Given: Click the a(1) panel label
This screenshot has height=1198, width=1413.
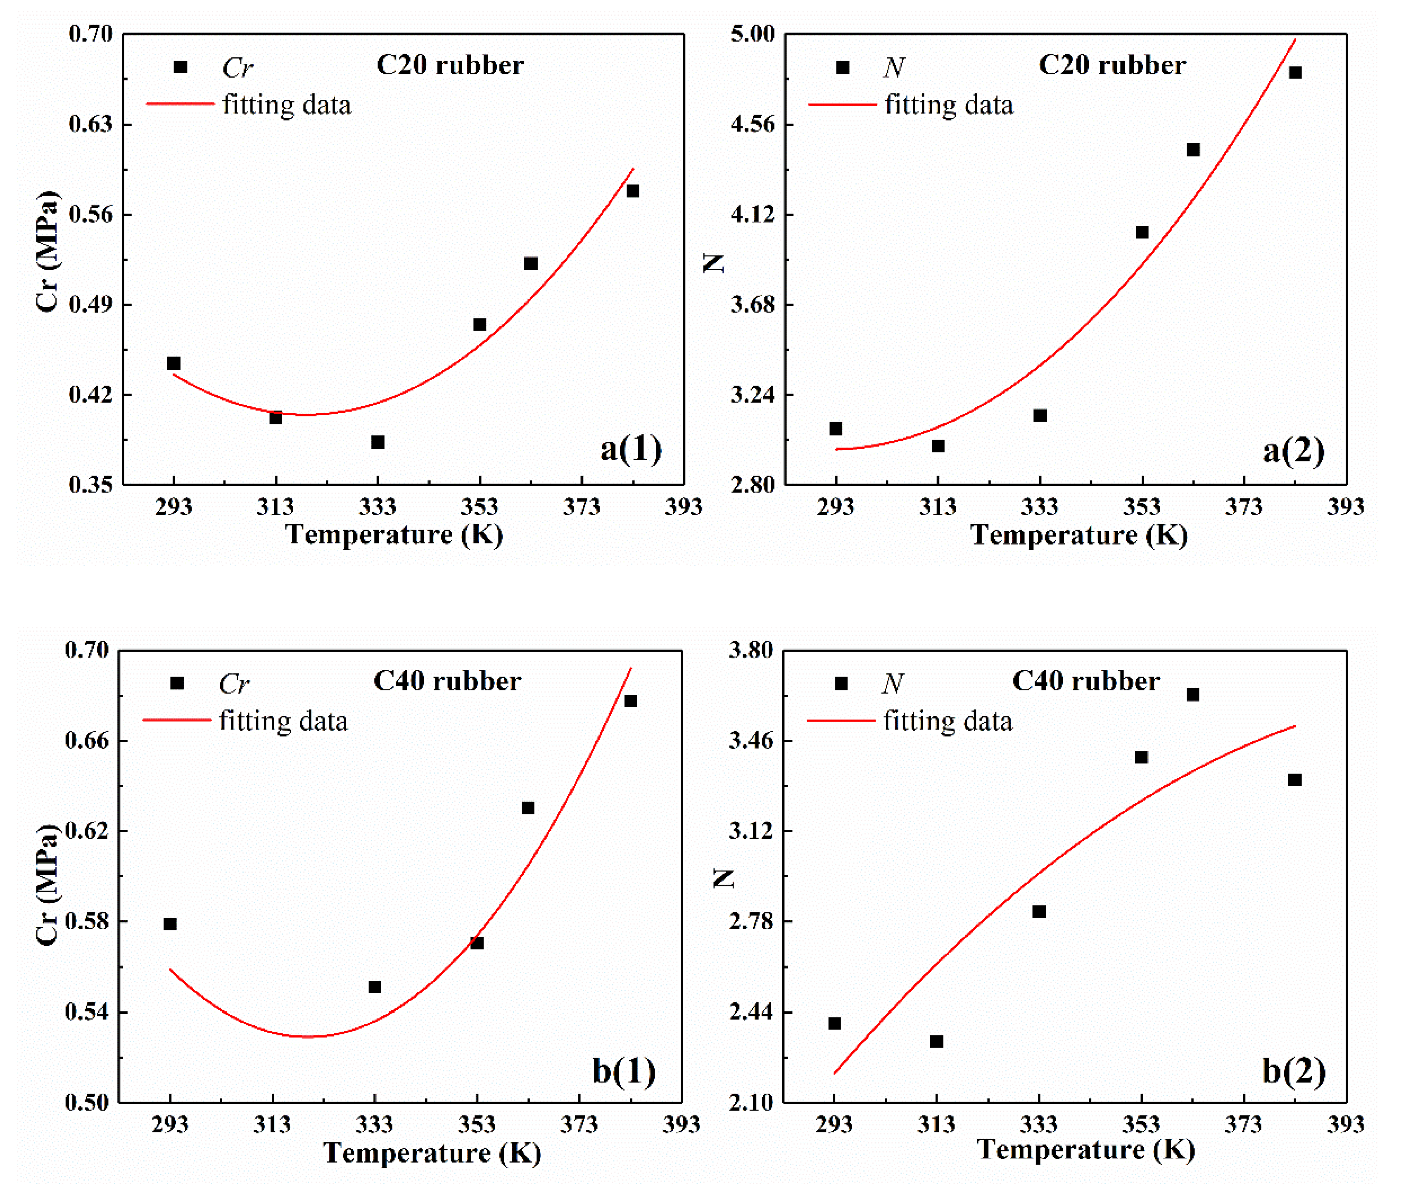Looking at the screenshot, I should coord(630,450).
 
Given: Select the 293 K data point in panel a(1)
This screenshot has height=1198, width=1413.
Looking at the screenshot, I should coord(174,363).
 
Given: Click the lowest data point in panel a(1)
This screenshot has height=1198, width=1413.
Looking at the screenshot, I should coord(378,442).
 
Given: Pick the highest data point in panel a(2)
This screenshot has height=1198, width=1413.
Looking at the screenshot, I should coord(1295,73).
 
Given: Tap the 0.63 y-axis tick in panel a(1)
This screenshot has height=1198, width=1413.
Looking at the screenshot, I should coord(90,124).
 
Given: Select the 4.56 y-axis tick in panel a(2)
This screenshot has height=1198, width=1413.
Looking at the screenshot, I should coord(753,124).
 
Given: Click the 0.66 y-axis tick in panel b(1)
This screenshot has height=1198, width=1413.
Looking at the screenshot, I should coord(87,740).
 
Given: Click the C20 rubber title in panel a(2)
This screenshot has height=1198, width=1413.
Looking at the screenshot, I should coord(1112,65).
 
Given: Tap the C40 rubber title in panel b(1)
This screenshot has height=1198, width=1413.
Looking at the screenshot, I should coord(447,681).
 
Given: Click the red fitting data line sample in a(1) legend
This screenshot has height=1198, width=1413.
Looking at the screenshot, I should coord(180,104).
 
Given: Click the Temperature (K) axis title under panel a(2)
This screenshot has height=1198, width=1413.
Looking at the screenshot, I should coord(1079,535).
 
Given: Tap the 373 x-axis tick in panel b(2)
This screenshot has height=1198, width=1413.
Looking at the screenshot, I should coord(1243,1125).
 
